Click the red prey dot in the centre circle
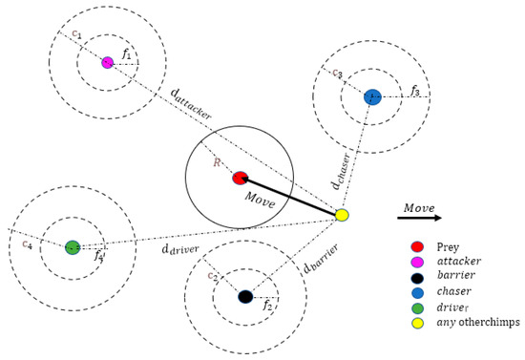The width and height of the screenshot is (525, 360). click(241, 179)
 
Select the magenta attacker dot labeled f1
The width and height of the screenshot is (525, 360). click(107, 62)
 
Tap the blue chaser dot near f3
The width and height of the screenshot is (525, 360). click(372, 96)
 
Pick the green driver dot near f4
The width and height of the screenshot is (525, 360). click(73, 247)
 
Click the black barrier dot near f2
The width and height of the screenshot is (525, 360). click(245, 297)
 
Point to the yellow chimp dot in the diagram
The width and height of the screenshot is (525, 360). click(342, 216)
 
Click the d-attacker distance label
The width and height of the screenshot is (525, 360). click(191, 102)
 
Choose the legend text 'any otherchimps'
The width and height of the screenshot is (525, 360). click(477, 323)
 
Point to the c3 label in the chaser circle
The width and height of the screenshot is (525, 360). click(337, 74)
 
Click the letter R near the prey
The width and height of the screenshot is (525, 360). click(218, 163)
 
